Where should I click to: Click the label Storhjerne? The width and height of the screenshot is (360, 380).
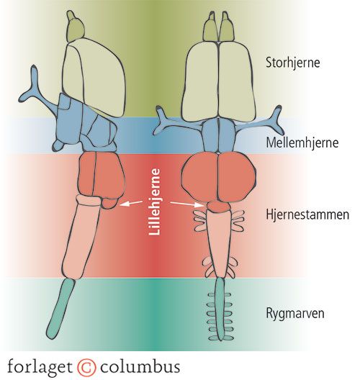(292, 63)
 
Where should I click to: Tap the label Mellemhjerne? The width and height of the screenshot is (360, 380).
(302, 142)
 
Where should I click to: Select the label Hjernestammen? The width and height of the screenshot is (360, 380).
(307, 214)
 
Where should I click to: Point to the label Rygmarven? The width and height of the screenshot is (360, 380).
(295, 313)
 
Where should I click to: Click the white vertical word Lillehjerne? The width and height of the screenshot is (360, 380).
(155, 202)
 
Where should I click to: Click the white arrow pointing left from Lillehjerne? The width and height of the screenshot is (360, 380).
(131, 203)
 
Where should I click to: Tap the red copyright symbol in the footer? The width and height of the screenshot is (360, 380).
(86, 367)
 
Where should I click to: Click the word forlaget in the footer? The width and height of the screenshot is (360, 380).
(40, 367)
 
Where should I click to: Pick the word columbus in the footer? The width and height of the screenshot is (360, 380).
(140, 366)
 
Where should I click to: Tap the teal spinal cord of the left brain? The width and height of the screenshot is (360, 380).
(61, 308)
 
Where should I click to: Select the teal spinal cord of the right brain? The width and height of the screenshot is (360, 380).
(220, 309)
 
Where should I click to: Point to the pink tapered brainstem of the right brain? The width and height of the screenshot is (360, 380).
(219, 243)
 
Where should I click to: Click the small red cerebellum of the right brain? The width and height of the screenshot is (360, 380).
(219, 207)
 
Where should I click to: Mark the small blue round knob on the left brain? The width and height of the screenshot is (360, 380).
(58, 145)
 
